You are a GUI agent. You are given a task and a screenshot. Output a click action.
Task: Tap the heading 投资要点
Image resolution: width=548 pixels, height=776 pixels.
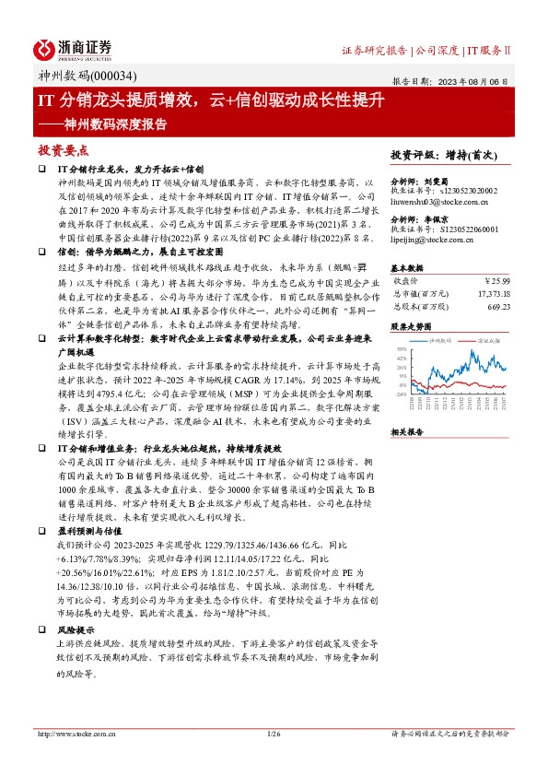64,149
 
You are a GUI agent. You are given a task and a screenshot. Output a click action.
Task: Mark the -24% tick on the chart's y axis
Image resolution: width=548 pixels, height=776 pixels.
401,394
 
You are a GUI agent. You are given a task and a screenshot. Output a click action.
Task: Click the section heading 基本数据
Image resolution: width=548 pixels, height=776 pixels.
407,266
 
